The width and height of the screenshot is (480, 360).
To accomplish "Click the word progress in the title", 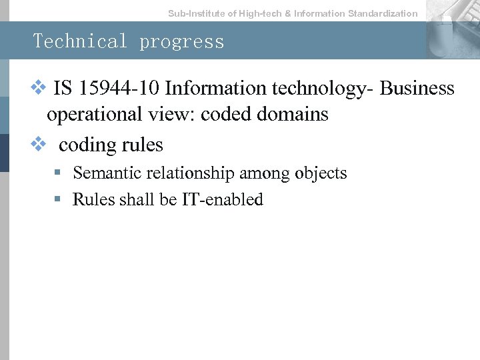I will [x=182, y=42].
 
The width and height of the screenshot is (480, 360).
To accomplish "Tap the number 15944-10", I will [x=117, y=88].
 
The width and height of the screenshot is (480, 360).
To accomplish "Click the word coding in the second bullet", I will [x=83, y=145].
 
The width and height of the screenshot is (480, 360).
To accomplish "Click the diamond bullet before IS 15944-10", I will [x=37, y=87].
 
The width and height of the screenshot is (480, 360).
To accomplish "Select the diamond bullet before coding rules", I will [x=37, y=143].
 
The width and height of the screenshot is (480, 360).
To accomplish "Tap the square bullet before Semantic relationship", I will [x=59, y=173].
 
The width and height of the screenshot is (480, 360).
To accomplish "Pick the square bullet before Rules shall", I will [x=59, y=199].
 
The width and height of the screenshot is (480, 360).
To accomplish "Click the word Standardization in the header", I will [x=383, y=13].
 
